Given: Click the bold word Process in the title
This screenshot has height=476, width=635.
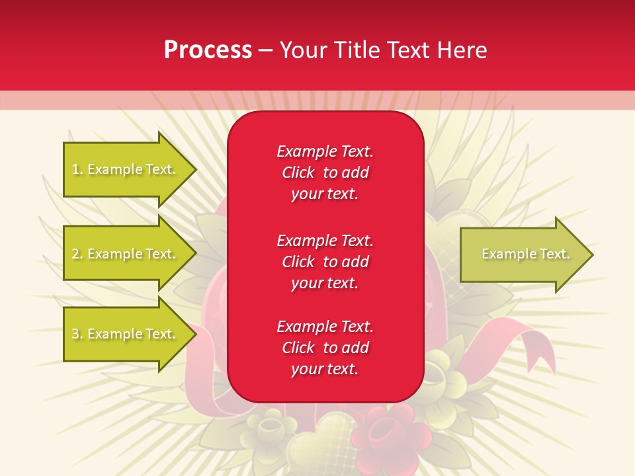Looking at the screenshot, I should pos(208,50).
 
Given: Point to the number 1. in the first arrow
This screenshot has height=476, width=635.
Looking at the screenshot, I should pos(77,169).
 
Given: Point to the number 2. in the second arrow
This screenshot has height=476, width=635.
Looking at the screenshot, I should pos(77,254).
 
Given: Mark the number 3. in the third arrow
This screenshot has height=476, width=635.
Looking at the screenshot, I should pos(77,334).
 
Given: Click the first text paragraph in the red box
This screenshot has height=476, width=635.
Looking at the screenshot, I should pos(325,173).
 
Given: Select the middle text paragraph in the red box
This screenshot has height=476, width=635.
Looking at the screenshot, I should pos(325,262).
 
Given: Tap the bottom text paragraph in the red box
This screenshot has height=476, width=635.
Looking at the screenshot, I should pos(325,348).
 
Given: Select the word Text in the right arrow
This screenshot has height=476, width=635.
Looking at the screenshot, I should pos(554,254).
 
